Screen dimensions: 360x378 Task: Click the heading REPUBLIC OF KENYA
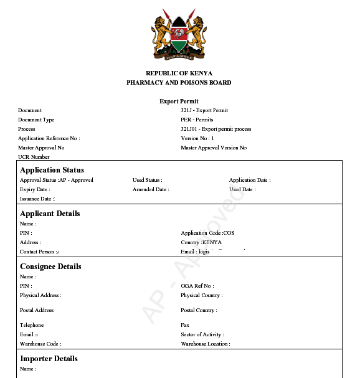click(x=179, y=73)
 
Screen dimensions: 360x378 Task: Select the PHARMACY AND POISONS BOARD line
click(x=179, y=82)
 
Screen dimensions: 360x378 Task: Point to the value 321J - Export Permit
click(x=204, y=110)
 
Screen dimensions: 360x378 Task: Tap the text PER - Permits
click(x=197, y=120)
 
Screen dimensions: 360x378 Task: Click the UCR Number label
click(x=34, y=157)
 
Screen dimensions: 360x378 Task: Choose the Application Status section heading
click(x=52, y=170)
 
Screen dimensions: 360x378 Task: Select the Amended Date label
click(x=150, y=189)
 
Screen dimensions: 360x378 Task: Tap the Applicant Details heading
click(x=50, y=214)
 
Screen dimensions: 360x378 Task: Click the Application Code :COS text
click(x=207, y=233)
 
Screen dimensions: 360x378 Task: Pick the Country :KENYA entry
click(x=202, y=242)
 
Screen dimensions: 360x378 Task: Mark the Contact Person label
click(x=39, y=252)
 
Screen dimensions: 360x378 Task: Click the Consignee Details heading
click(x=50, y=267)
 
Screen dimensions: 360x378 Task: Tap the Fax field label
click(x=185, y=325)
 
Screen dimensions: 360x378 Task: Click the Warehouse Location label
click(x=205, y=344)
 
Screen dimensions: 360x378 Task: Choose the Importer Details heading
click(x=49, y=359)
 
